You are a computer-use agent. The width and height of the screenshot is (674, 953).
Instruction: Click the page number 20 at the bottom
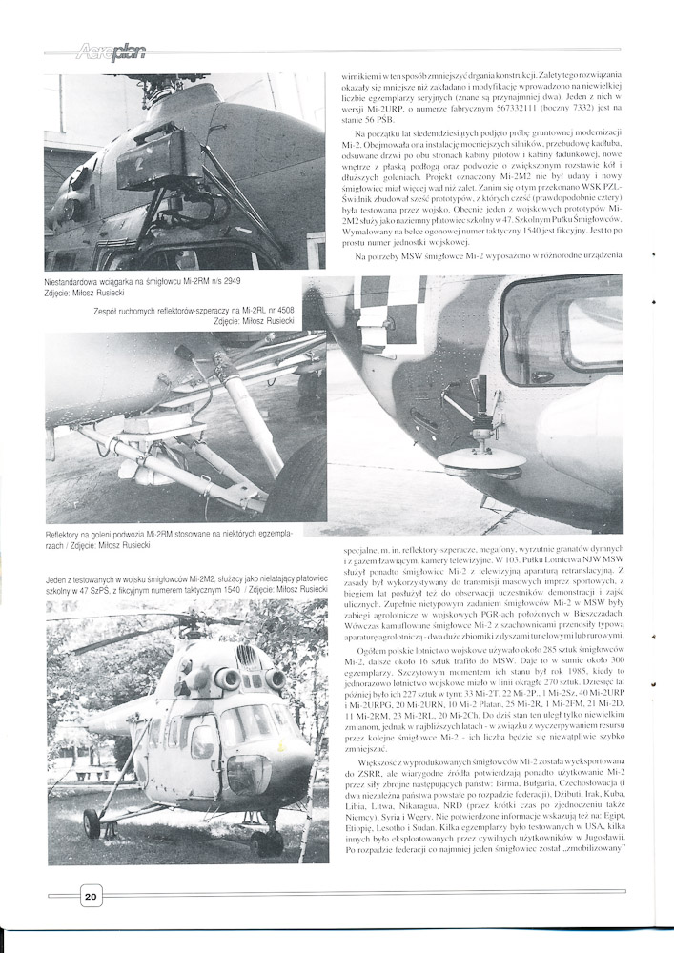pos(90,896)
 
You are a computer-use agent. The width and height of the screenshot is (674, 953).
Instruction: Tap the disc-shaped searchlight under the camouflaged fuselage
pos(481,459)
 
